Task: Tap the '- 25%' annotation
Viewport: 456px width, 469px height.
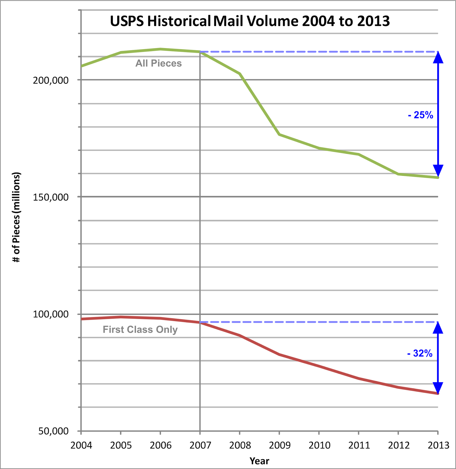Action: [421, 115]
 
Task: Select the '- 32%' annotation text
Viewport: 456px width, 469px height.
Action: [420, 353]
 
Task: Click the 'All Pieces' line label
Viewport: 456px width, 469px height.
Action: [159, 63]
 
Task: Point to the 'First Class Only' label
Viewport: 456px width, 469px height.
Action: [140, 329]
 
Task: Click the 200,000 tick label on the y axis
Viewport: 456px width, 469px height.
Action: [51, 80]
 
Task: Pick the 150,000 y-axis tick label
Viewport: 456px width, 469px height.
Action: [51, 197]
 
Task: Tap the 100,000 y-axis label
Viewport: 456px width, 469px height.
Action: [51, 314]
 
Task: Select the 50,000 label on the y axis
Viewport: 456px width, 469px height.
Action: [53, 431]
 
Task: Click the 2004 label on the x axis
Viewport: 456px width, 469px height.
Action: [81, 445]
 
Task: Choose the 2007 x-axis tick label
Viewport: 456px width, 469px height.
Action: [200, 445]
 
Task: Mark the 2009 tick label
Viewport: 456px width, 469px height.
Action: [280, 445]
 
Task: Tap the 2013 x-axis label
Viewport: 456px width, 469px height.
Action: [438, 445]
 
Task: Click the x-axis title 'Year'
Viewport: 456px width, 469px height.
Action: [259, 461]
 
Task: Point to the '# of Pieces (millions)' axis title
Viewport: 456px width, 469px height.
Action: [16, 217]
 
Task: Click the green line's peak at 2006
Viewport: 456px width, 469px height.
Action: [160, 49]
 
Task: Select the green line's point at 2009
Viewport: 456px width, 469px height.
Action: [279, 134]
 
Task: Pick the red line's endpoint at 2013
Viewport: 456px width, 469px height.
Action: [438, 393]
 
